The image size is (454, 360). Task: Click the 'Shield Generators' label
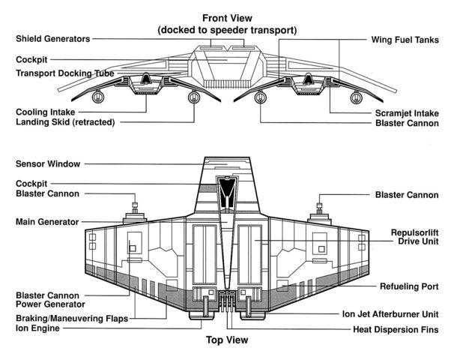point(52,39)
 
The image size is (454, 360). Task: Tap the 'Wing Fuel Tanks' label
point(405,39)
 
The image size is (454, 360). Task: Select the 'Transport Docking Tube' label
point(64,73)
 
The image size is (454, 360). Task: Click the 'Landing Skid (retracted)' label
point(66,121)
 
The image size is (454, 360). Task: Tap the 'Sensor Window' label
point(48,164)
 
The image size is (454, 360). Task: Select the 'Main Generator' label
point(47,222)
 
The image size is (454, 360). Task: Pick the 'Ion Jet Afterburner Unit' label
point(390,314)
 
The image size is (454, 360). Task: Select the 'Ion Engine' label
point(39,328)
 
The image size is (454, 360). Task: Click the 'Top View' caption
point(226,340)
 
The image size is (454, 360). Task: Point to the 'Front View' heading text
point(226,18)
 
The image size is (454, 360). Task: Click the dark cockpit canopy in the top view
point(226,192)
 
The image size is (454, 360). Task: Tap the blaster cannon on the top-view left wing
point(135,211)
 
